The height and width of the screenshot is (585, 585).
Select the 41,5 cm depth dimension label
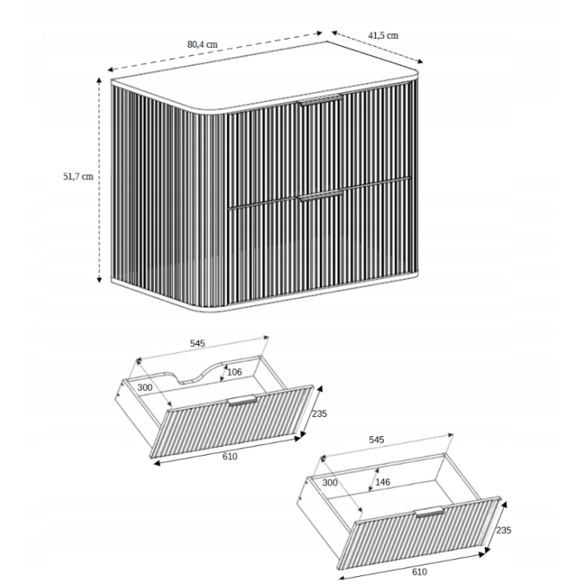[x=383, y=36]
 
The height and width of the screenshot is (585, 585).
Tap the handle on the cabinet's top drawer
[x=321, y=100]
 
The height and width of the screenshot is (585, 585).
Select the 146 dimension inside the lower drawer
[x=381, y=482]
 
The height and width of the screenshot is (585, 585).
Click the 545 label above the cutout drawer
[x=198, y=343]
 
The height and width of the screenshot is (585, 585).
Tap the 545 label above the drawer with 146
[x=377, y=440]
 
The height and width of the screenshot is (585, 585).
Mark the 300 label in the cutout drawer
[x=146, y=389]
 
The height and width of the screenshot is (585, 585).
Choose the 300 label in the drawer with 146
[x=330, y=484]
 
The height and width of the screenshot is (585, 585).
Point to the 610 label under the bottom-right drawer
[x=419, y=572]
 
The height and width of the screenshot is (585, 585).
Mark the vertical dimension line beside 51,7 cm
[x=99, y=178]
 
